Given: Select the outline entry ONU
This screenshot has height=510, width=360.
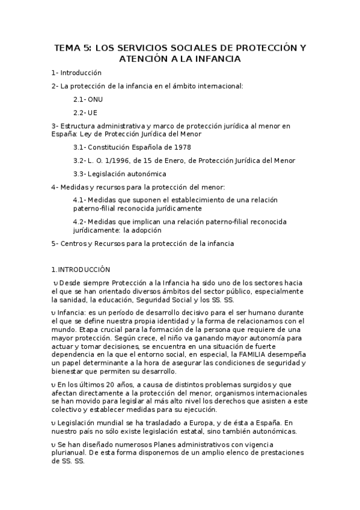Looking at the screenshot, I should [x=95, y=99].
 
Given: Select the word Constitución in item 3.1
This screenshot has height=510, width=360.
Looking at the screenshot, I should [x=111, y=147].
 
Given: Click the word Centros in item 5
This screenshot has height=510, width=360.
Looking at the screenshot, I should [x=74, y=243].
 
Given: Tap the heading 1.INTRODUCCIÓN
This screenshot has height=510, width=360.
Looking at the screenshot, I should [x=81, y=270].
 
